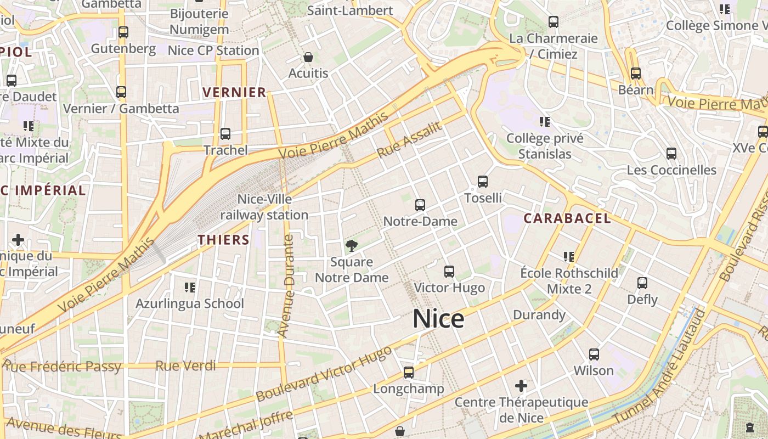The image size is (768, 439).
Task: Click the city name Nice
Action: (438, 319)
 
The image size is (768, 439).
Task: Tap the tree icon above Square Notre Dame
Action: (352, 245)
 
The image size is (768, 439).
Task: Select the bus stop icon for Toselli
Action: (483, 182)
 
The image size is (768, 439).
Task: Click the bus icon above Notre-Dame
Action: (420, 205)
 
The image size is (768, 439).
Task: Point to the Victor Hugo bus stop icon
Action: (449, 272)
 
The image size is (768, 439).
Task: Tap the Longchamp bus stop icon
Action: (408, 373)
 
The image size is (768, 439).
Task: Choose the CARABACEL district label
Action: (567, 218)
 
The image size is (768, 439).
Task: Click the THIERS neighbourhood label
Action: (224, 240)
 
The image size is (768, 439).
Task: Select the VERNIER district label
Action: (235, 92)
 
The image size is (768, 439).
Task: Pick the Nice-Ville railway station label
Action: (264, 207)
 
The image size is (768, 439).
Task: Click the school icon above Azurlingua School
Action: (190, 287)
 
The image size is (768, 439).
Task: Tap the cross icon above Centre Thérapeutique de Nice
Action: (521, 386)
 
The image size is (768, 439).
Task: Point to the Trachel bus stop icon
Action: (225, 134)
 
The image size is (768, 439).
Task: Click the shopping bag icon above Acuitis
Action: (308, 57)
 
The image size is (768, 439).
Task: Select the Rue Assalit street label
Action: (409, 140)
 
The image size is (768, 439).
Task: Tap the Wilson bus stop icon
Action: (594, 354)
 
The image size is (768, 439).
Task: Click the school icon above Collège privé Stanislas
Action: (545, 121)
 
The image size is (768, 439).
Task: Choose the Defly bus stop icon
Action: (642, 284)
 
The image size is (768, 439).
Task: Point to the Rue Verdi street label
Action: (185, 365)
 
